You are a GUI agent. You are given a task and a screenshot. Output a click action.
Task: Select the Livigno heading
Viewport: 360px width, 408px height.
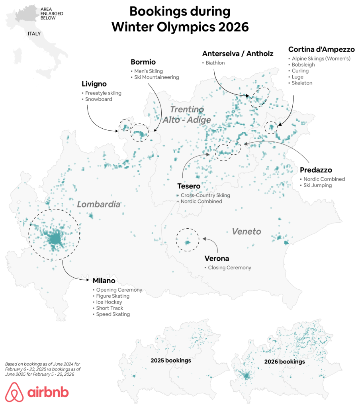[94, 84]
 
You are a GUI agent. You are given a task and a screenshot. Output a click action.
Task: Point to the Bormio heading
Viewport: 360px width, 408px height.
[143, 62]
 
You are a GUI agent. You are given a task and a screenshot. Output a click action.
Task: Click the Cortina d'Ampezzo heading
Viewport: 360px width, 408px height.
[321, 50]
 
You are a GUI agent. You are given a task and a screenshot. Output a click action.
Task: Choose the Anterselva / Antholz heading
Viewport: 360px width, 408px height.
[238, 54]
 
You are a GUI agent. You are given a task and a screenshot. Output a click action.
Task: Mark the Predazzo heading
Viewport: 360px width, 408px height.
[316, 170]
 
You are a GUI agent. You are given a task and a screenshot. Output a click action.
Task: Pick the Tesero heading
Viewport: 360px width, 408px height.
[189, 186]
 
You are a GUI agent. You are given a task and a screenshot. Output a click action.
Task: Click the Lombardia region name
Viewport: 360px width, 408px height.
[98, 204]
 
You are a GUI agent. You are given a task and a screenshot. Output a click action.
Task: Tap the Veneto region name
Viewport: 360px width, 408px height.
[247, 231]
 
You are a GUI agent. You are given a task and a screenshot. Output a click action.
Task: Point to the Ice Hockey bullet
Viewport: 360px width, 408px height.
[109, 302]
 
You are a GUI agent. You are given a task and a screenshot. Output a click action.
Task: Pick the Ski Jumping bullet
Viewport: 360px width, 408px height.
[317, 185]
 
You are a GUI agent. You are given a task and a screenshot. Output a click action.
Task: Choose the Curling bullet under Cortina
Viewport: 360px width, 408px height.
[300, 71]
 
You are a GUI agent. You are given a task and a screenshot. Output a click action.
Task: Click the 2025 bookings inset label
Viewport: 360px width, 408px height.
[170, 361]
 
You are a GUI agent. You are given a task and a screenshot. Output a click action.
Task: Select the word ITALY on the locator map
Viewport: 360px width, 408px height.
[34, 34]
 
